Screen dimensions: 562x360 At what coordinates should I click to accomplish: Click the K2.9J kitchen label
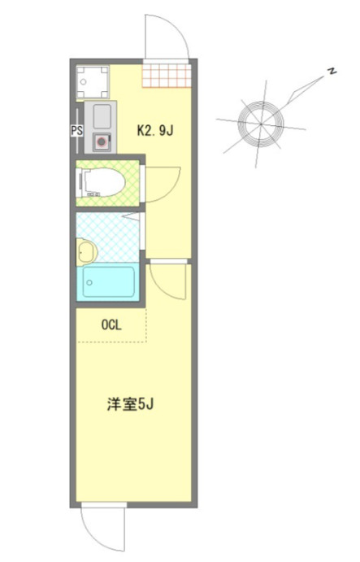[155, 129]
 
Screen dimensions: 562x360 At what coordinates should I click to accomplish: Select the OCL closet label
[111, 325]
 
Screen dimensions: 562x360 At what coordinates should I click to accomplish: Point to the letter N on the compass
[332, 72]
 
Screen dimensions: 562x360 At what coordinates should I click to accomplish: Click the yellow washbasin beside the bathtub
[85, 252]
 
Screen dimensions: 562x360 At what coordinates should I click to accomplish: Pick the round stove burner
[101, 141]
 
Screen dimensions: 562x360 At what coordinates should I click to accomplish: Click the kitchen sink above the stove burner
[101, 115]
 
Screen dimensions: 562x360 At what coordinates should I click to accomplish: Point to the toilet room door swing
[163, 183]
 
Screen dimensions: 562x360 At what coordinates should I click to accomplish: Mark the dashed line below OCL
[111, 342]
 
